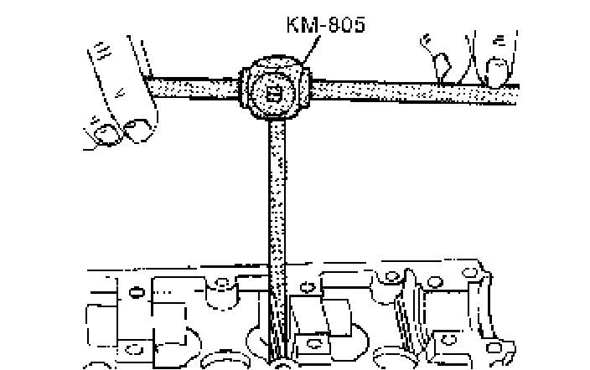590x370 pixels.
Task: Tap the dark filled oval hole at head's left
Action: (x=134, y=292)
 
